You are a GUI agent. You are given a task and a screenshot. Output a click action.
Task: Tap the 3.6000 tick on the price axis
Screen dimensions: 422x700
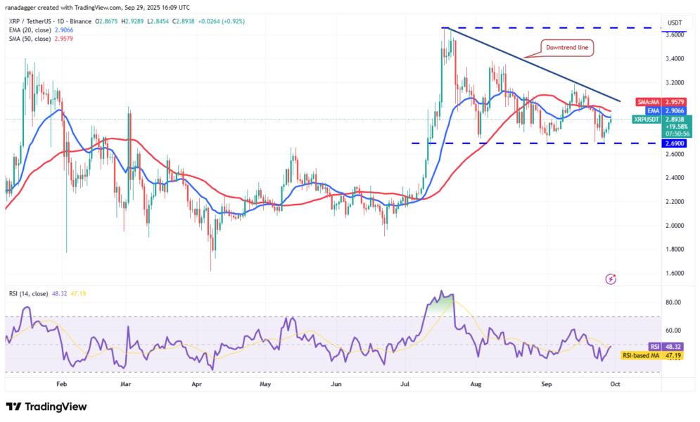pos(677,34)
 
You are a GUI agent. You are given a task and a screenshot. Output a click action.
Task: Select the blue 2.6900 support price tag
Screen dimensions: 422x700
pos(676,143)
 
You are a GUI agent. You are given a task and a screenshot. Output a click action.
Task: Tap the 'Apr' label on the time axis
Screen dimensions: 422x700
pos(197,385)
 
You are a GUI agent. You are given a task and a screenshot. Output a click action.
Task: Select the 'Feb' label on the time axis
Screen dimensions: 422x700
pos(61,385)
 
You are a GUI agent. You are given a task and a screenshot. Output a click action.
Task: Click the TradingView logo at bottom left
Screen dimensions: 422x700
pos(46,407)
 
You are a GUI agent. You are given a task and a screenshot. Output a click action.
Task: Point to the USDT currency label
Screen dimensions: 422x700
pos(676,21)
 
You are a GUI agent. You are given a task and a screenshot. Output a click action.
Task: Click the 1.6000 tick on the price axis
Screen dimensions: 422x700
pos(677,273)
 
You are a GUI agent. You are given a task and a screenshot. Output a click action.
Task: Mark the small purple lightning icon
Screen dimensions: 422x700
pos(611,279)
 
